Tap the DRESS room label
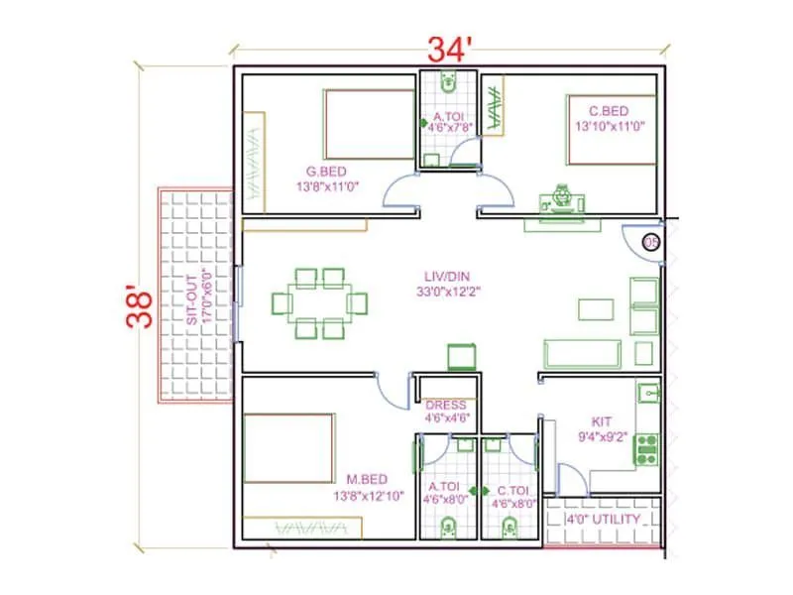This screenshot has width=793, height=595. pyautogui.click(x=445, y=405)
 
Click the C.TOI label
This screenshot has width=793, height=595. pyautogui.click(x=513, y=490)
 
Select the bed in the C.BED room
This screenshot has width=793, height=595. pyautogui.click(x=611, y=129)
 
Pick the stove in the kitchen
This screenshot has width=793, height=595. pyautogui.click(x=646, y=448)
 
